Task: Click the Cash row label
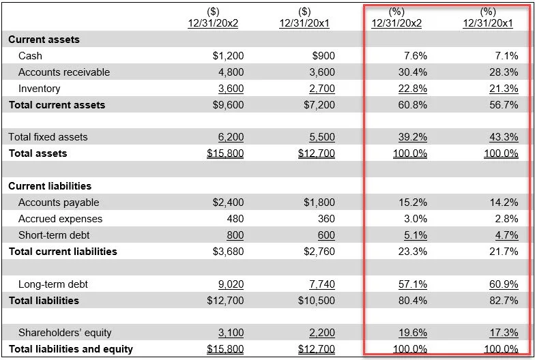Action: [30, 56]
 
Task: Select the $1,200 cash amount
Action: [228, 56]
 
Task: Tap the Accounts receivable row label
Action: [64, 72]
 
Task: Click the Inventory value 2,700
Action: [322, 89]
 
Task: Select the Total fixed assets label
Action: [48, 137]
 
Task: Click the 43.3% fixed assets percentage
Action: [504, 137]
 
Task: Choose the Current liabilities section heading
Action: [50, 186]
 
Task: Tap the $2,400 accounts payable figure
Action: [228, 202]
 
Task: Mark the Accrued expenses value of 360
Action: [326, 219]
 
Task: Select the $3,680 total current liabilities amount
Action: [228, 252]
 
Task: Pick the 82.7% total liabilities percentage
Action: [504, 301]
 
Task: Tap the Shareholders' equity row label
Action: [65, 333]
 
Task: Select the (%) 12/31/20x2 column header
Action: [396, 18]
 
